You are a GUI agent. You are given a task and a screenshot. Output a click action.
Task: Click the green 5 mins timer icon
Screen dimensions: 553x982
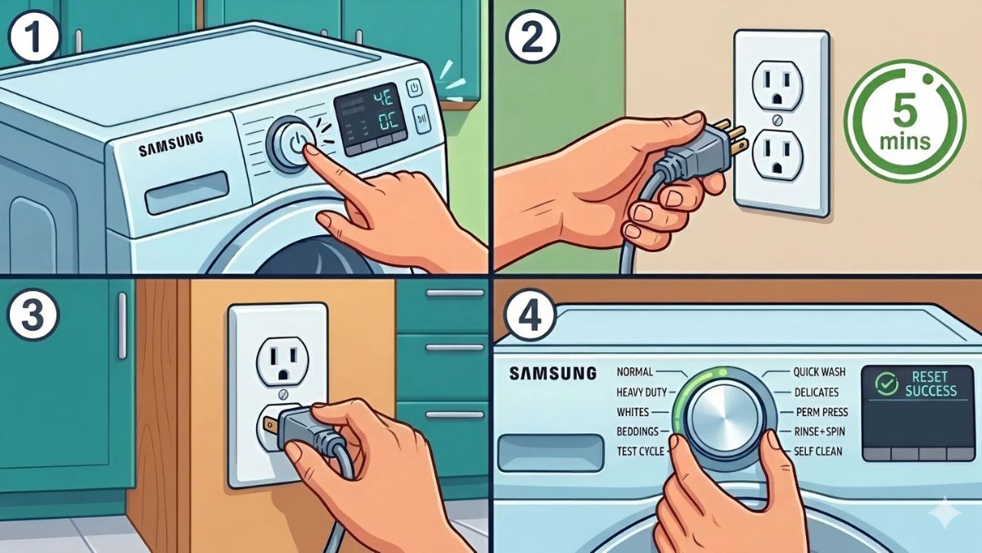tap(904, 120)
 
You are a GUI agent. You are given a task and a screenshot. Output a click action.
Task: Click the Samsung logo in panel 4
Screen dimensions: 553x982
tap(552, 374)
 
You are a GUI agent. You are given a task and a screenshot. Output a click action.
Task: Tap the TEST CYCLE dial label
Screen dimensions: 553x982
tap(639, 451)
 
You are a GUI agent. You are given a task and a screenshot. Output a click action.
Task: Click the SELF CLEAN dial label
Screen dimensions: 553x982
tap(818, 451)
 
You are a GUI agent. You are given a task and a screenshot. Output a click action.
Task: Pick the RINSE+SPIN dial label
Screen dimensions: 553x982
tap(818, 432)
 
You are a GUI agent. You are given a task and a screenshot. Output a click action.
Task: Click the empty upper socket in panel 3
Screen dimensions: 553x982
tap(280, 357)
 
